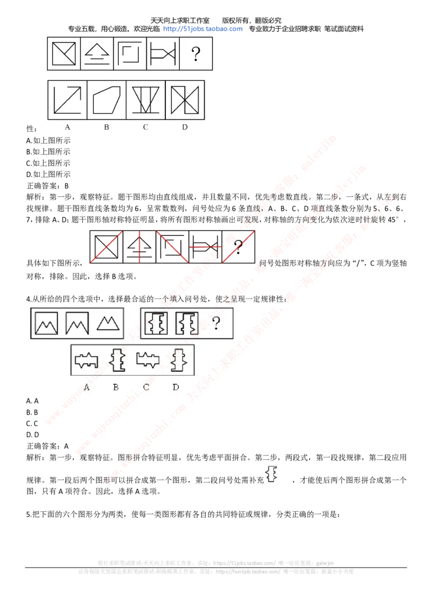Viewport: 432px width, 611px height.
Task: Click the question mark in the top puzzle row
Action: click(196, 53)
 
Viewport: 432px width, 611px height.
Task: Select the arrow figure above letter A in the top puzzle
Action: click(67, 99)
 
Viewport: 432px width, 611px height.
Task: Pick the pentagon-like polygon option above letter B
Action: click(106, 99)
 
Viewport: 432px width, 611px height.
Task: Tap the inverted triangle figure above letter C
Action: click(145, 99)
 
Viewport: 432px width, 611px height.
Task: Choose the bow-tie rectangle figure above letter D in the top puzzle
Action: click(185, 99)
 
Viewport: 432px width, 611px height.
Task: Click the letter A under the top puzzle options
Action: click(67, 127)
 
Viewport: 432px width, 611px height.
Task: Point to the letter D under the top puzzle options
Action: click(185, 127)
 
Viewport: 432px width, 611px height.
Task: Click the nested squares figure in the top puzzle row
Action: click(130, 53)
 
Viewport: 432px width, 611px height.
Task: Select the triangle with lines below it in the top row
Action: click(97, 53)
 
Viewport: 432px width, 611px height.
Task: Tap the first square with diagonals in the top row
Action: click(64, 53)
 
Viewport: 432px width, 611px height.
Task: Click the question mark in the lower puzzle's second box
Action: click(216, 323)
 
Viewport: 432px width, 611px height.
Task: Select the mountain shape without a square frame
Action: click(109, 323)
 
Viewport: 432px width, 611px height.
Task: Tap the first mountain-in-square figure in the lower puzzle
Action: click(46, 323)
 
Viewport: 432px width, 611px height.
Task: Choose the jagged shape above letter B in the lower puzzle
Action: click(116, 360)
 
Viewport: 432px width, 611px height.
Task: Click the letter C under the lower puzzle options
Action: click(146, 386)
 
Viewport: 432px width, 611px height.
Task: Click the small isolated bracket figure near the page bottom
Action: click(272, 473)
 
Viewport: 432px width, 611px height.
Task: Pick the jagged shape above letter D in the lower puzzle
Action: click(176, 360)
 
